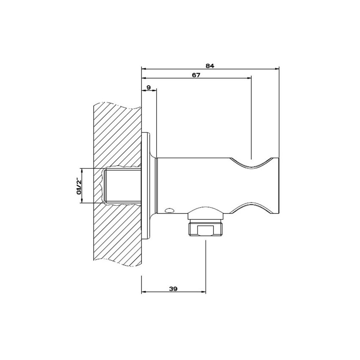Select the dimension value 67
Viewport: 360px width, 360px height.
coord(196,75)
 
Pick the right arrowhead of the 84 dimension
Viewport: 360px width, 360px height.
coord(277,69)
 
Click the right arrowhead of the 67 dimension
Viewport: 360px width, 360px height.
coord(249,78)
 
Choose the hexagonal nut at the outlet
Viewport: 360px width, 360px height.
coord(204,229)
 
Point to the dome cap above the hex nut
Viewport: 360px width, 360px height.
coord(205,213)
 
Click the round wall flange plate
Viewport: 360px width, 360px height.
coord(147,186)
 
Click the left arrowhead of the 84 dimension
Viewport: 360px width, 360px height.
coord(144,69)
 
